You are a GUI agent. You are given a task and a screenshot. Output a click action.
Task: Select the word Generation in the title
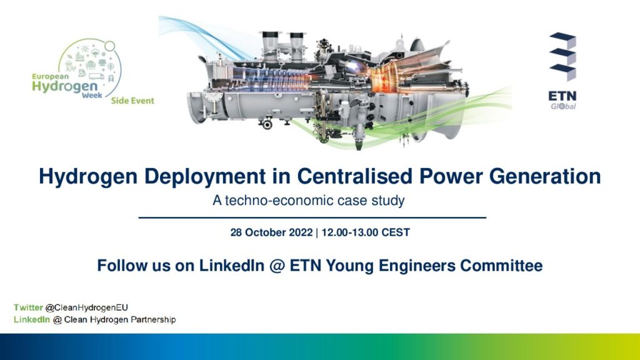coord(545,176)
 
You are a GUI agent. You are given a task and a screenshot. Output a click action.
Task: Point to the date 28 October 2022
coord(271,232)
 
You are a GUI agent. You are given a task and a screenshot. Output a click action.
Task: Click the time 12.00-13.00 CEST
coord(366,232)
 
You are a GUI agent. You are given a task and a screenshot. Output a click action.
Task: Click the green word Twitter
coord(28,307)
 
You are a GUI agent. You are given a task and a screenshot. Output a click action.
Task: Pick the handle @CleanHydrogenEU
coord(86,307)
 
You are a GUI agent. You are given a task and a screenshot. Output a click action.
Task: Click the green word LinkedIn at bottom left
coord(32,319)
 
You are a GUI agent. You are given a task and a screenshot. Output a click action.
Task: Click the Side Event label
coord(132,101)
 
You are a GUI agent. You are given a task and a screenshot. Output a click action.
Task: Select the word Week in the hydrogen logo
coord(92,96)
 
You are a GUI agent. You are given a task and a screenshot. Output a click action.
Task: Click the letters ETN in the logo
coord(562,96)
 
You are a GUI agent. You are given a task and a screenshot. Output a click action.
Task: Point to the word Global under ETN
coord(563,106)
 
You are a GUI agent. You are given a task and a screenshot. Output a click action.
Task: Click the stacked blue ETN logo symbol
coord(563,56)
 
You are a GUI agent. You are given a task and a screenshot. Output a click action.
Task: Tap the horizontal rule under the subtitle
coord(312,218)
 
